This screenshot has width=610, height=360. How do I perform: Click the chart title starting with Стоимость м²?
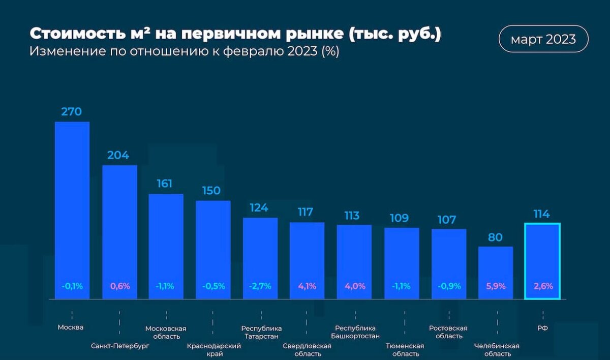[x=235, y=34]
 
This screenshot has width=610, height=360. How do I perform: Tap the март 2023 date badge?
[x=543, y=39]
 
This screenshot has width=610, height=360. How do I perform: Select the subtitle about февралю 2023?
[x=184, y=52]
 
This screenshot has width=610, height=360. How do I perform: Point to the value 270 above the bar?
[x=72, y=112]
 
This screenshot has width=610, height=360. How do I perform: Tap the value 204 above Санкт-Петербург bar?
[x=118, y=155]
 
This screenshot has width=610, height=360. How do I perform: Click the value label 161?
[x=165, y=184]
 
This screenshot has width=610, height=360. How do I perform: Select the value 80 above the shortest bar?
[x=496, y=237]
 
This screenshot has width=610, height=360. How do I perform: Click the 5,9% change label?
[x=496, y=286]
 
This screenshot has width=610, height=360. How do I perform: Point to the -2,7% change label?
[x=260, y=286]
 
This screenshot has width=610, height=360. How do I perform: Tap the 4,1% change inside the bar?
[x=307, y=286]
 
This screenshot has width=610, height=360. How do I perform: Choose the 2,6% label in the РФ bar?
[x=542, y=286]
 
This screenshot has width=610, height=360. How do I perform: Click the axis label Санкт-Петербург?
[x=120, y=346]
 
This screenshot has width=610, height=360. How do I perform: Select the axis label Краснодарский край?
[x=213, y=349]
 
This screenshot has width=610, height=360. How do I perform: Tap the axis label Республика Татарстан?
[x=261, y=332]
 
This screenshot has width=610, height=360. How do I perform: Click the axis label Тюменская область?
[x=405, y=349]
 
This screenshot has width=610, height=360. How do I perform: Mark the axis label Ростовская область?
[x=448, y=332]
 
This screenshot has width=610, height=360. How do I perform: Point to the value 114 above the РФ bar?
[x=541, y=214]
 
